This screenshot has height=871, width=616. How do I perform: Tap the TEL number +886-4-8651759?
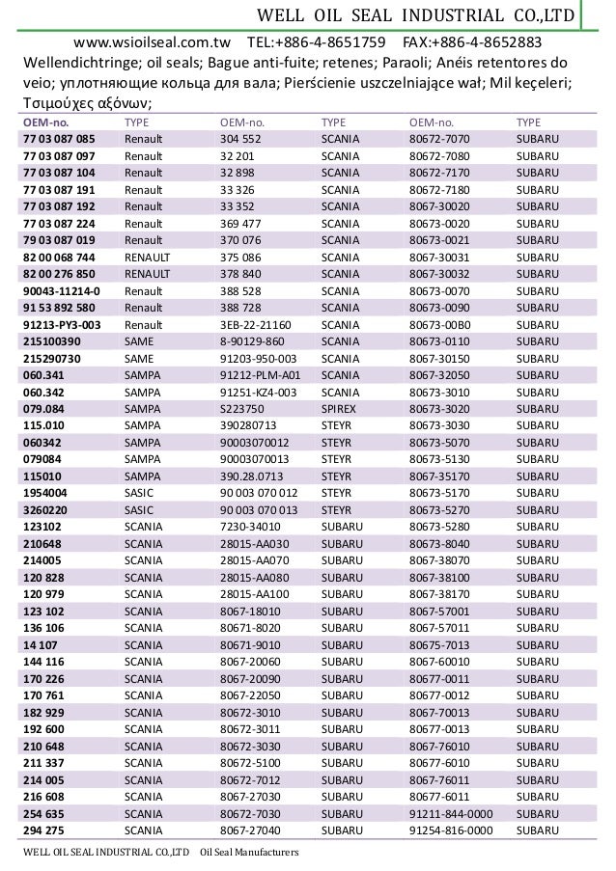click(317, 42)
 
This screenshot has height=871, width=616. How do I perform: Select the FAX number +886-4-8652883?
click(471, 42)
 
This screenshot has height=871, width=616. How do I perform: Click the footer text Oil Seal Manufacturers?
click(249, 854)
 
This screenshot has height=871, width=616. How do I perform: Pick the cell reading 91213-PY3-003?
click(62, 325)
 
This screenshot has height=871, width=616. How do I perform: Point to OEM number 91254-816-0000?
click(451, 830)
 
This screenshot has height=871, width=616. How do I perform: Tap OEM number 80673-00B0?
click(440, 325)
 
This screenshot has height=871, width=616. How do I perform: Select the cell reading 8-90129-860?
click(252, 342)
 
